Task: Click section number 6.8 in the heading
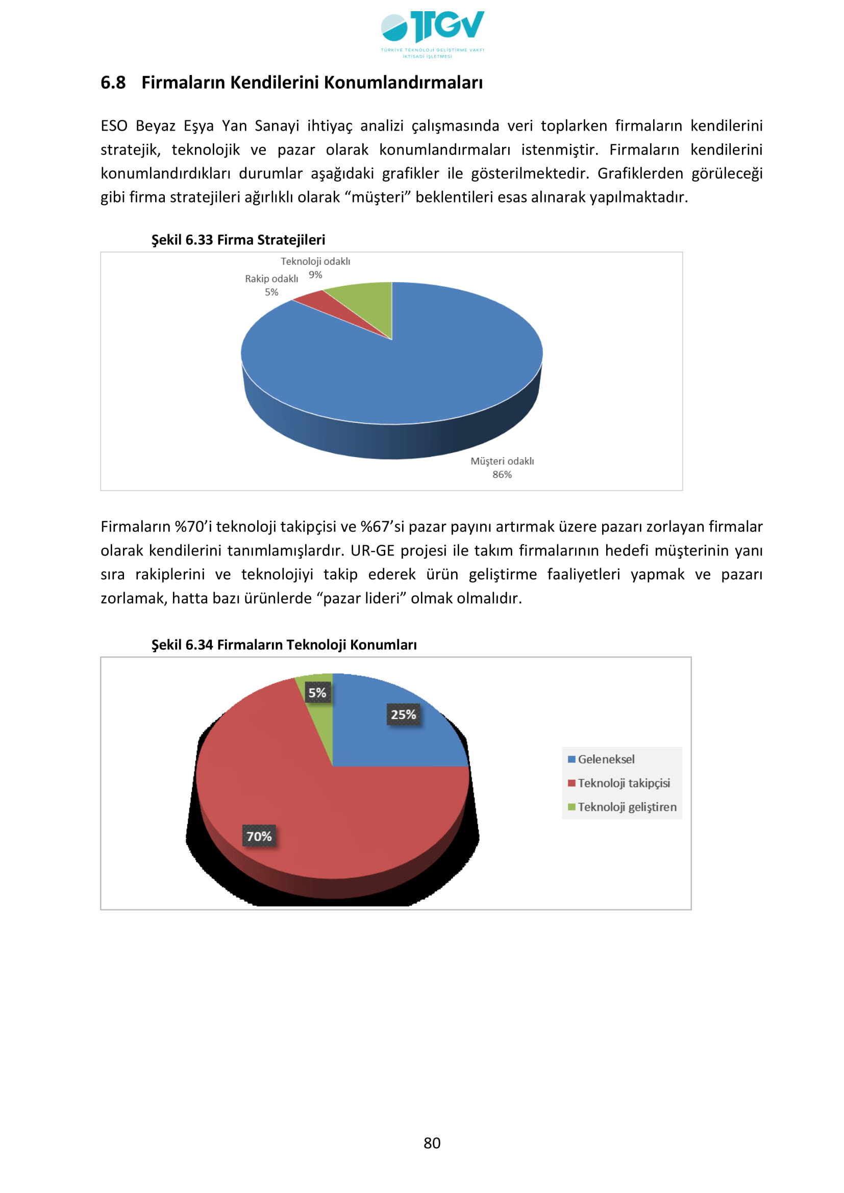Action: (113, 83)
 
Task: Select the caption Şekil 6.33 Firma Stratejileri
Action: (238, 240)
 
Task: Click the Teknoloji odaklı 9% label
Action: (315, 268)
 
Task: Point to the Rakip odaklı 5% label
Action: (271, 285)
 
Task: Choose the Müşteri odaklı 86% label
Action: (502, 467)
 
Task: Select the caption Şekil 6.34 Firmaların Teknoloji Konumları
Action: (284, 644)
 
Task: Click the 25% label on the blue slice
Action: (403, 715)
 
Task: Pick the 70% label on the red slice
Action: (259, 836)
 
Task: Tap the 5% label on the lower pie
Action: (317, 693)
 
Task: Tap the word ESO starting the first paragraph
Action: (114, 126)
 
